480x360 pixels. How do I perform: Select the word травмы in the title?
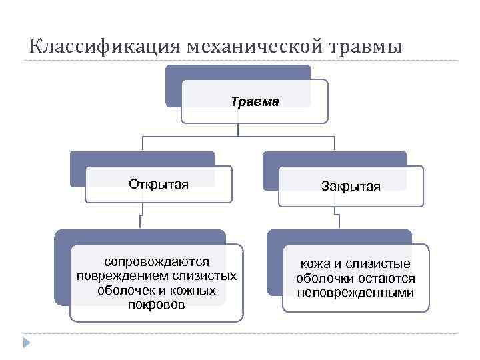click(366, 47)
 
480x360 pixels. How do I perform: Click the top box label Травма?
click(255, 102)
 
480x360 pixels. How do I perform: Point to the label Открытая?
click(159, 183)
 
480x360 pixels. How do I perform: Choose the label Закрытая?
click(351, 186)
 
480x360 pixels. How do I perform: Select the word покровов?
click(157, 305)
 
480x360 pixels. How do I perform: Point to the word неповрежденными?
click(355, 293)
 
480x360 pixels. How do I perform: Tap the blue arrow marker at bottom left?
click(26, 343)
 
